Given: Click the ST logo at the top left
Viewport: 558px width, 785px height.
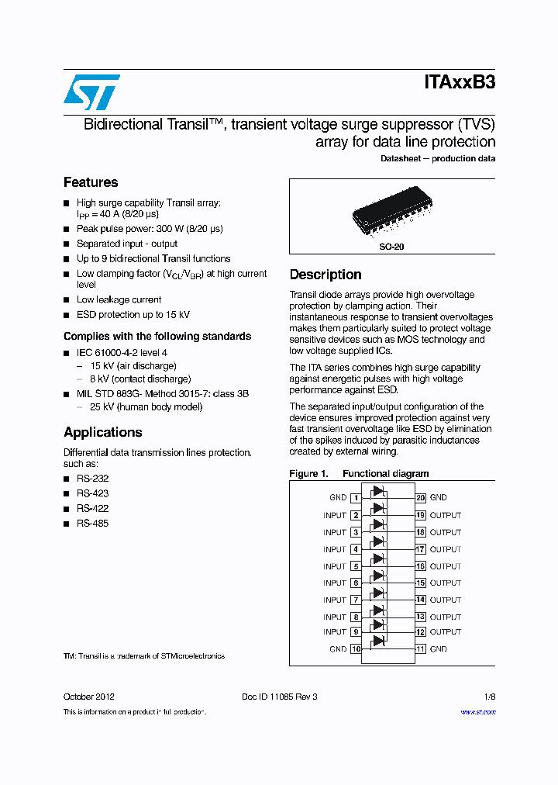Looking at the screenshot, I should point(91,92).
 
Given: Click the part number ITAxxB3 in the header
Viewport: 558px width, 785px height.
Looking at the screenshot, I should point(459,83).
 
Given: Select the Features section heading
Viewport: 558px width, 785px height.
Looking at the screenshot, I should point(91,182).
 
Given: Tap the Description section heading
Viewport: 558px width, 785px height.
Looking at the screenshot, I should point(325,275).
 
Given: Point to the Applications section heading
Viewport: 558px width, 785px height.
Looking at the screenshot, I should point(103,432).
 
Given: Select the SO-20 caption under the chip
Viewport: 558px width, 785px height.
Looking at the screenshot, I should point(391,246).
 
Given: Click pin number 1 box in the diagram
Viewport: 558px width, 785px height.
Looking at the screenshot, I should point(356,498).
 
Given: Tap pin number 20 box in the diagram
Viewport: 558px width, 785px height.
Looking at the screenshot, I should point(421,498).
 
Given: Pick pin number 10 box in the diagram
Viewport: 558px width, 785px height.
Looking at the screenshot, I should point(356,648).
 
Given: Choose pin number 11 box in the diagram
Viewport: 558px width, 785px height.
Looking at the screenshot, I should point(421,648).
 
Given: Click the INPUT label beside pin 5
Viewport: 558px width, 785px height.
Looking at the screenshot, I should point(335,566).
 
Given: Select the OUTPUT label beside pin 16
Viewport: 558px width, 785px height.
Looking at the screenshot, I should point(446,566).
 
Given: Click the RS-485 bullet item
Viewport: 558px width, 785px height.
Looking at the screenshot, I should point(92,524).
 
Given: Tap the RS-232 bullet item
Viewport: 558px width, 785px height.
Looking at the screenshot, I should point(92,479).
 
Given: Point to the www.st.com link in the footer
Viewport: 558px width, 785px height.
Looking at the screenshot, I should point(478,712).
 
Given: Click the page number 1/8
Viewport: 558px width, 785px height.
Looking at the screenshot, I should point(490,697).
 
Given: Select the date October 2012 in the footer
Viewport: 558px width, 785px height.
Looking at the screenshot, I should point(89,697).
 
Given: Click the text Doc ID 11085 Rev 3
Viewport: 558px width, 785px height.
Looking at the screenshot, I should point(279,697).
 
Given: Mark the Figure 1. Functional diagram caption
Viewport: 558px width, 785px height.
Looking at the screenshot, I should point(359,473).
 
